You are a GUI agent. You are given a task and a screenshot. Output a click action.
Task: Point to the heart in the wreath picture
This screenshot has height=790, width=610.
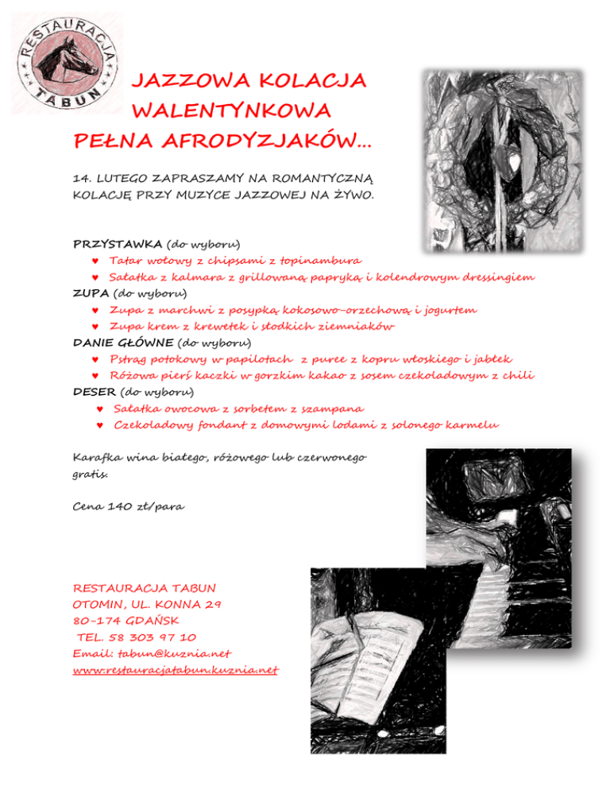514,162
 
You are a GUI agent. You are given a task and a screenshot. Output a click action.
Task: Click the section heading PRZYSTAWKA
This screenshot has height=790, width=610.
118,242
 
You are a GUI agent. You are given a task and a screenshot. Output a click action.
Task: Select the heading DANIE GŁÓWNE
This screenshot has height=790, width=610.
123,343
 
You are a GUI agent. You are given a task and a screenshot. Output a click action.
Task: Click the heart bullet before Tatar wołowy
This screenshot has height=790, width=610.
95,260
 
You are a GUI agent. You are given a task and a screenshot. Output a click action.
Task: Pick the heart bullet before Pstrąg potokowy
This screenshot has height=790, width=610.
95,360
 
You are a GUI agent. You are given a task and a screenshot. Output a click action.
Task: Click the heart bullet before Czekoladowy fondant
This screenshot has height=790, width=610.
99,426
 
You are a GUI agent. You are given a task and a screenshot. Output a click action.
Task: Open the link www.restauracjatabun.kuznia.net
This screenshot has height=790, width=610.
176,670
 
